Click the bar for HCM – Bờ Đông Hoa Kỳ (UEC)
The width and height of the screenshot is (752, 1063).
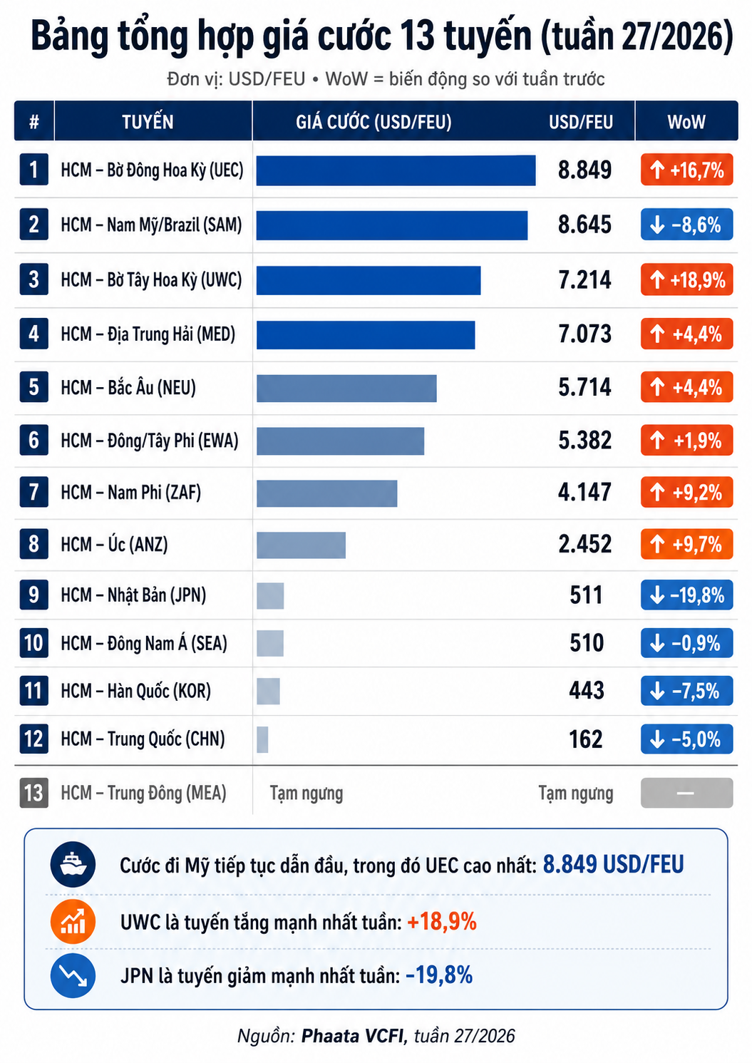(396, 170)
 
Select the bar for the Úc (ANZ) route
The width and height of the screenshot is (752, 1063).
(301, 545)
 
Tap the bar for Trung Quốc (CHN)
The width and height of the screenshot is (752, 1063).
(262, 739)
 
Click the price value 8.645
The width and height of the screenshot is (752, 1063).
(584, 225)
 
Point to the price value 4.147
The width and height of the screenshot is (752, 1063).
(584, 492)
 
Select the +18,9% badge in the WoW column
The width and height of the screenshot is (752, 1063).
(686, 280)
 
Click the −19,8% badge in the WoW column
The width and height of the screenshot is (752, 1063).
(686, 595)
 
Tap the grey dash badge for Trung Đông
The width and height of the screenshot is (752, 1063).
(686, 793)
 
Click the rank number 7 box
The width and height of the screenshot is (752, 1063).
(34, 492)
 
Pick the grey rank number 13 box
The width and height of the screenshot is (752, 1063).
(34, 793)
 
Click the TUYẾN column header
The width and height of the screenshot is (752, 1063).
(148, 122)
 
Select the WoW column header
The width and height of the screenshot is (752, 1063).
(686, 122)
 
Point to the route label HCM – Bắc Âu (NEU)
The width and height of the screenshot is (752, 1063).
(128, 388)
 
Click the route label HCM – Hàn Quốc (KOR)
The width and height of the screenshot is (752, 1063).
(135, 691)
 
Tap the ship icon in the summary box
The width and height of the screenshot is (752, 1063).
(73, 865)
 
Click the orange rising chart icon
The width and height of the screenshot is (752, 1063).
(73, 921)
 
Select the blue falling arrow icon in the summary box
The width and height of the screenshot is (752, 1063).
(73, 976)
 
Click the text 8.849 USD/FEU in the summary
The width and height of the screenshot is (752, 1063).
(613, 865)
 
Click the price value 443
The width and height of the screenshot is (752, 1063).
(587, 691)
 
